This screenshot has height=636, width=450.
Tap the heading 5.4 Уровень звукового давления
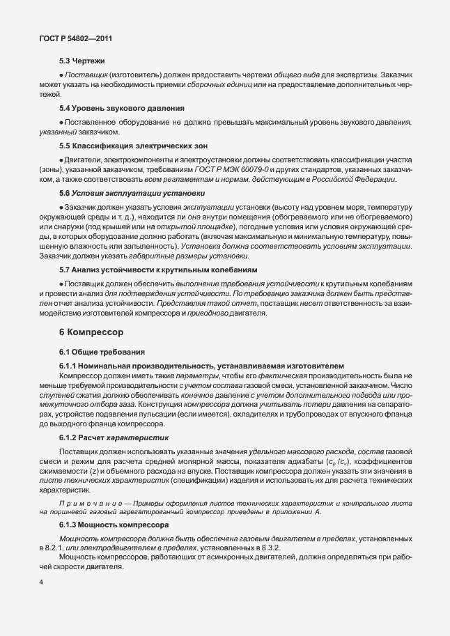click(121, 109)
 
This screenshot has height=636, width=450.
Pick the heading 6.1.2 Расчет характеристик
click(113, 437)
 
